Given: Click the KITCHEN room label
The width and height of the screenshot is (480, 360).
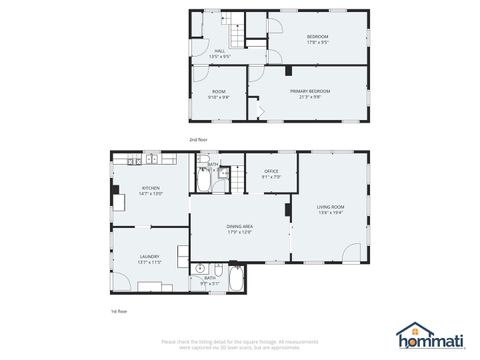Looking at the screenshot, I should tap(150, 187).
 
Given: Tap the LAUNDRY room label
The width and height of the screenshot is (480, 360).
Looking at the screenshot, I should tap(150, 256).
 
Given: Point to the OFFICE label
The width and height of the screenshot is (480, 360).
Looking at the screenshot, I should tap(271, 172).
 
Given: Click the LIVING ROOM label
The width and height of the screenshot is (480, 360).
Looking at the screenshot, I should tap(331, 207).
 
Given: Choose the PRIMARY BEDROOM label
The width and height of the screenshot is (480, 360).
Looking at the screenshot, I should tap(310, 91).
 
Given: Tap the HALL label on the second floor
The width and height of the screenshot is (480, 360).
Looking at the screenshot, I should tap(220, 51).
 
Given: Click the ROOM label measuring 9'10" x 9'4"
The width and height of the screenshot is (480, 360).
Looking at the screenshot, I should tap(219, 92).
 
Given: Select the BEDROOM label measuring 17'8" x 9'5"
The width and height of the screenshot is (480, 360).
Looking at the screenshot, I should tap(317, 37).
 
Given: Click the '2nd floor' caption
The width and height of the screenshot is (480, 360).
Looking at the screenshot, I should tap(198, 139).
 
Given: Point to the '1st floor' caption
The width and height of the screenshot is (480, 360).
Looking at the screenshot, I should tap(119, 312).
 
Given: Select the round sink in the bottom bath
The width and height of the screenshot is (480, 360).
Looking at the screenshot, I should tap(200, 268).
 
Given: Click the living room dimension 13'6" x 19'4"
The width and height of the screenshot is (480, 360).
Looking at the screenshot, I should tap(331, 213).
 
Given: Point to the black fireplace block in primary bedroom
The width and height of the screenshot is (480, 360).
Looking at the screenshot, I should tap(287, 71).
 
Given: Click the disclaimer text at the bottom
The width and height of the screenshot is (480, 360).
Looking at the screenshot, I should tap(240, 345).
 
